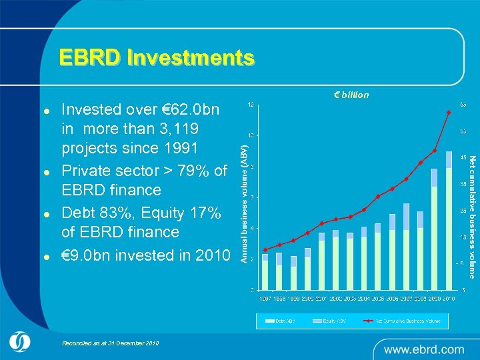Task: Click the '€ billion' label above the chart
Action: [x=351, y=95]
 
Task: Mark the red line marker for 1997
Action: [x=265, y=250]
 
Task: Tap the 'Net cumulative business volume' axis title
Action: [x=472, y=217]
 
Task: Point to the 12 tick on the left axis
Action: [x=250, y=105]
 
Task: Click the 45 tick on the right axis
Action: [x=463, y=158]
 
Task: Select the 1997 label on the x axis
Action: [x=266, y=298]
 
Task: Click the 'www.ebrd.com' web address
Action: [x=424, y=349]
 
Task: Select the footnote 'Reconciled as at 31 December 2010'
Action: [x=110, y=343]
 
